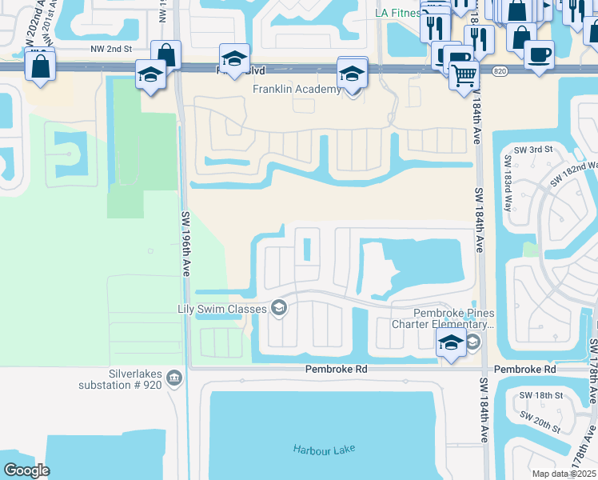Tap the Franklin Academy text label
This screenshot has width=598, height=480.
(x=297, y=89)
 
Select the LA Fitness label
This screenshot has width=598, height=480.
(x=398, y=14)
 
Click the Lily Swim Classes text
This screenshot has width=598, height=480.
(x=224, y=308)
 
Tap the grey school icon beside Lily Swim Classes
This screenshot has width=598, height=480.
(x=279, y=308)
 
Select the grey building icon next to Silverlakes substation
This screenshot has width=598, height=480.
(x=176, y=378)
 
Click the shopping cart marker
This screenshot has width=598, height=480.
(x=462, y=75)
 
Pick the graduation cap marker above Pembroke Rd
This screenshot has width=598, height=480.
(x=450, y=343)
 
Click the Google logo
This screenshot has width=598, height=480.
(x=26, y=470)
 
